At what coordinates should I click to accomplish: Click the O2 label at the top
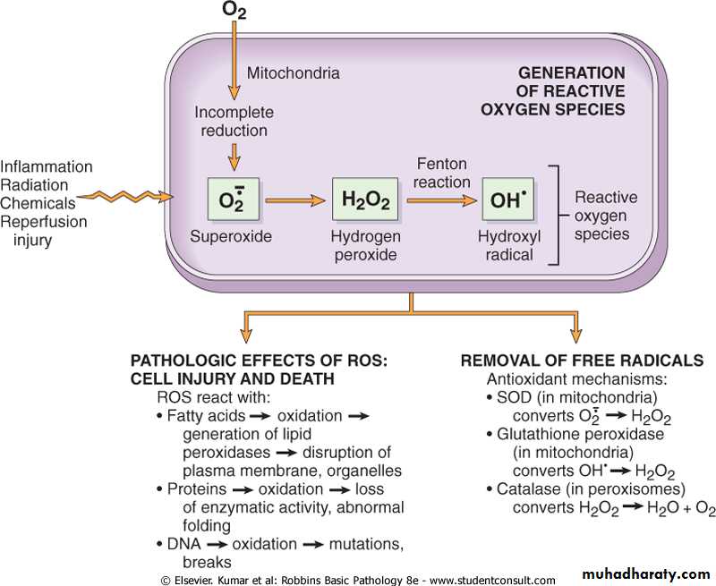[234, 12]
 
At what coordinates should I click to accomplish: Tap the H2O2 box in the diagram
[364, 200]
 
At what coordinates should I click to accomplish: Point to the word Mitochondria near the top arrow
[293, 73]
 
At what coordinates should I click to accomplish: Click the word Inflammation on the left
[47, 167]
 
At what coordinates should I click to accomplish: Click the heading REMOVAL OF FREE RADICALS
[582, 361]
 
